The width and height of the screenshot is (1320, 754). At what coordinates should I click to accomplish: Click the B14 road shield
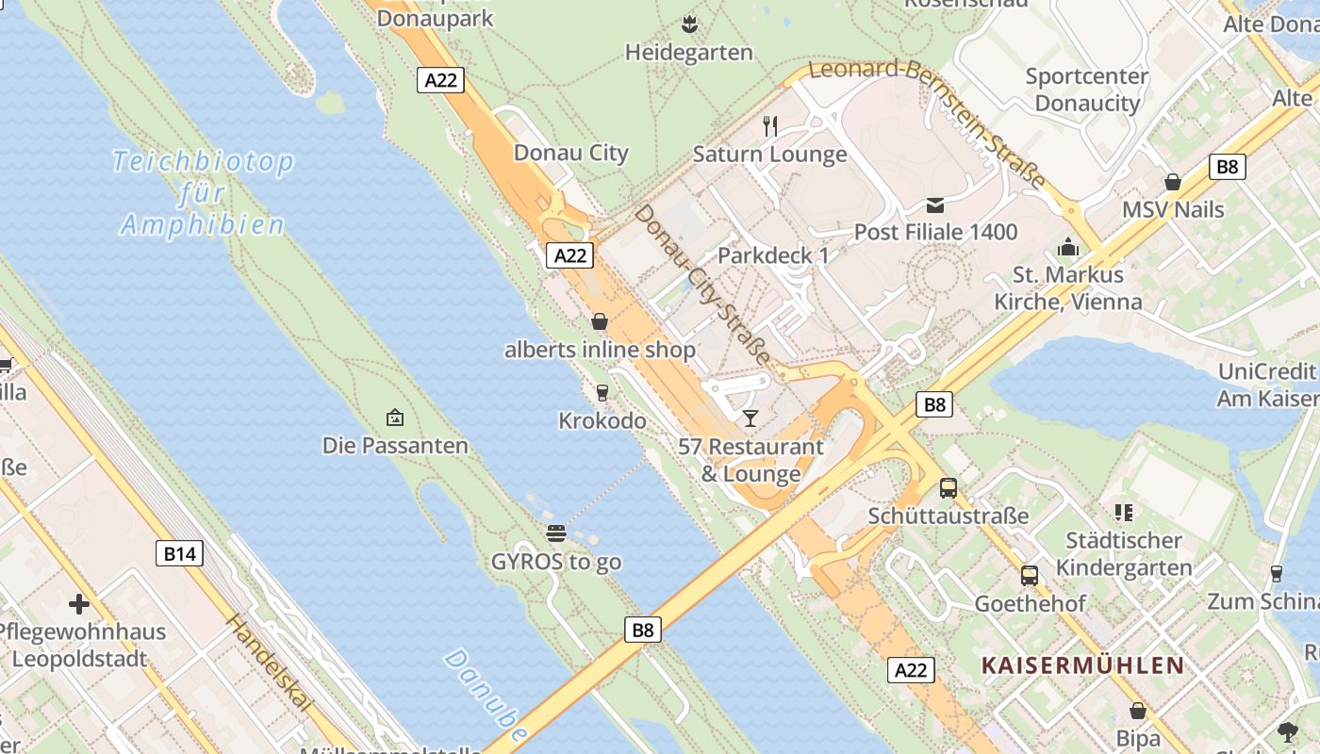pos(179,553)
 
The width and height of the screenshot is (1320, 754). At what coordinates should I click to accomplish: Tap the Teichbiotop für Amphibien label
pos(202,193)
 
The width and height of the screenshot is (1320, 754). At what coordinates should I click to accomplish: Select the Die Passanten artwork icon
pos(395,418)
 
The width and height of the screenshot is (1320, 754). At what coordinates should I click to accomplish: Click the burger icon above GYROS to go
pos(556,533)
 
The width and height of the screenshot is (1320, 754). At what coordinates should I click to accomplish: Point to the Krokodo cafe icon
pos(602,392)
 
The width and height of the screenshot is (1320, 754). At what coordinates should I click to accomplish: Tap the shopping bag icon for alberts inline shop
pos(599,322)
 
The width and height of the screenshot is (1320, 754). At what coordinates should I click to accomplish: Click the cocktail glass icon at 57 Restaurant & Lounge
pos(751,418)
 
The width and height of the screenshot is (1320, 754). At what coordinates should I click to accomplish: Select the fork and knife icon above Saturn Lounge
pos(770,125)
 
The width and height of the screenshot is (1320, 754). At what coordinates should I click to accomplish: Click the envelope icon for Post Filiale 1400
pos(934,205)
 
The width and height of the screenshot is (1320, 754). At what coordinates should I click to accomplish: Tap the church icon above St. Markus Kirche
pos(1067,247)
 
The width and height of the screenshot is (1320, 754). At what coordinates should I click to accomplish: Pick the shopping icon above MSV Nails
pos(1173,181)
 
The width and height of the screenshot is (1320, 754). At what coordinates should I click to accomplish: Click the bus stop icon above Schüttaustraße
pos(949,488)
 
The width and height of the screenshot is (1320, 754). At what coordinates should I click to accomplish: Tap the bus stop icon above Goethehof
pos(1030,575)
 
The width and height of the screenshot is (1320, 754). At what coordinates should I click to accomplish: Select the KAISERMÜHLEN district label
pos(1082,665)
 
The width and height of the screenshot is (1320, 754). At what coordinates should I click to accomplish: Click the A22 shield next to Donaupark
pos(440,80)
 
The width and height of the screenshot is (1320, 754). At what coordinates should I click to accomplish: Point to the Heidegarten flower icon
pos(689,24)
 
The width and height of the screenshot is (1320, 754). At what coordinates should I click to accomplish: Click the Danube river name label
pos(488,695)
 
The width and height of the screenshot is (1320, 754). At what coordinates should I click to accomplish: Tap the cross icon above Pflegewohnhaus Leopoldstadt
pos(79,603)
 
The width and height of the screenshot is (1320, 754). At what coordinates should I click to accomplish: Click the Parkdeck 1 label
pos(773,255)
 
